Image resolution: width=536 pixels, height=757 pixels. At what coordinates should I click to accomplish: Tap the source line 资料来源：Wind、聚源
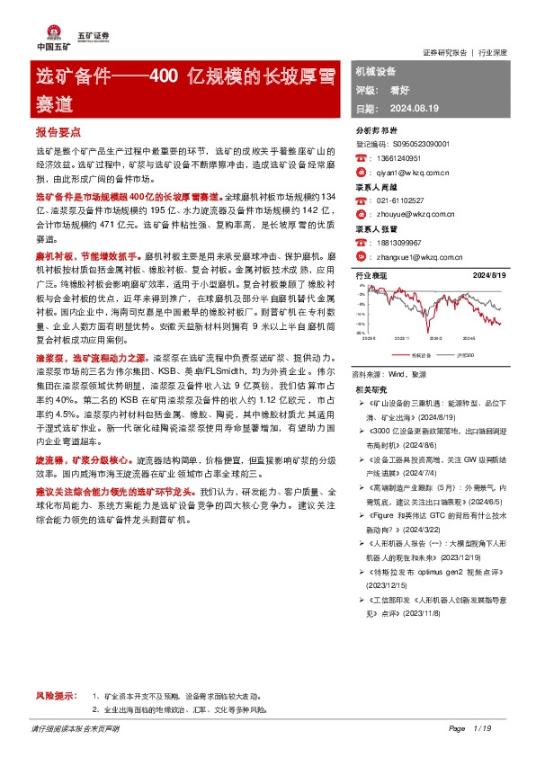[x=389, y=374]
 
